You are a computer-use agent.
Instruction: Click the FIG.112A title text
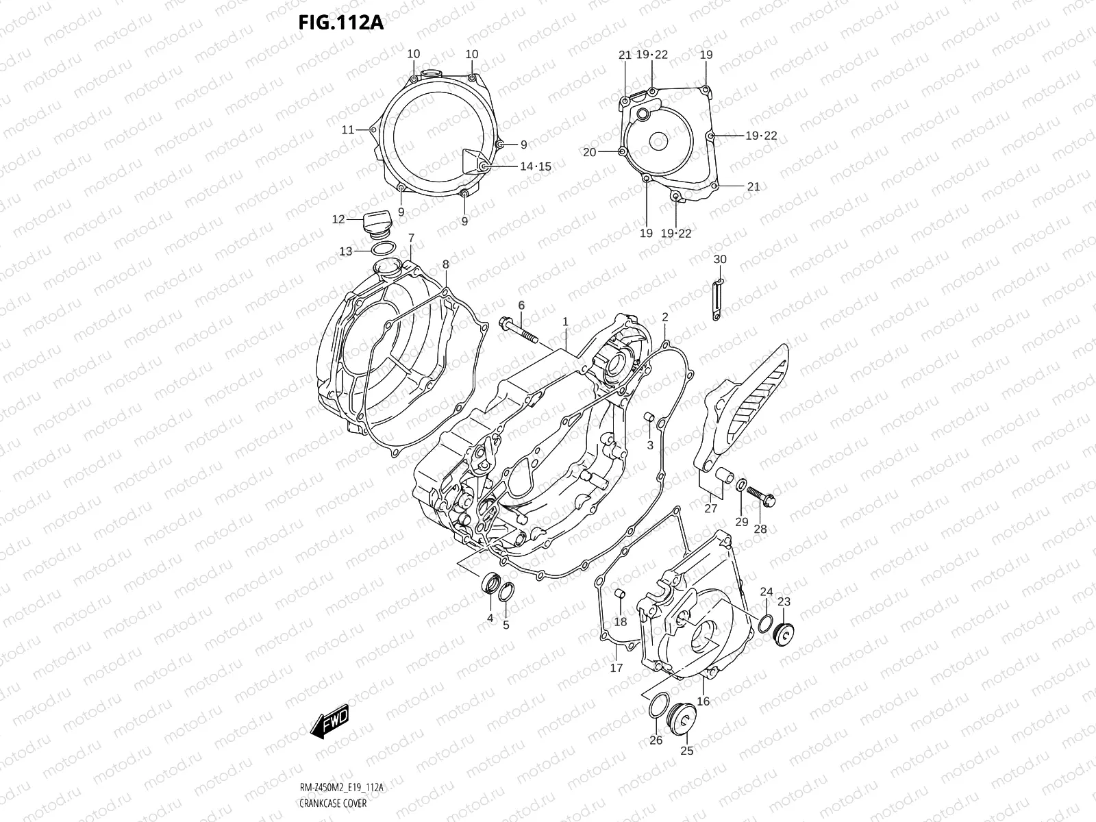tap(340, 23)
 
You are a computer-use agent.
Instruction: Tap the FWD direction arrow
tap(330, 721)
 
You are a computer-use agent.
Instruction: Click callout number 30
tap(719, 259)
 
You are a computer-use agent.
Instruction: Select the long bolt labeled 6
tap(519, 329)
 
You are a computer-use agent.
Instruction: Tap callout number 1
tap(566, 321)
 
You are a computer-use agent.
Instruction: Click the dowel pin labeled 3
tap(649, 418)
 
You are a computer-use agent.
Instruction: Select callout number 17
tap(616, 668)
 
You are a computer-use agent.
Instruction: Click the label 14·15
tap(535, 166)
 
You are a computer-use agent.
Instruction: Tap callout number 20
tap(590, 152)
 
